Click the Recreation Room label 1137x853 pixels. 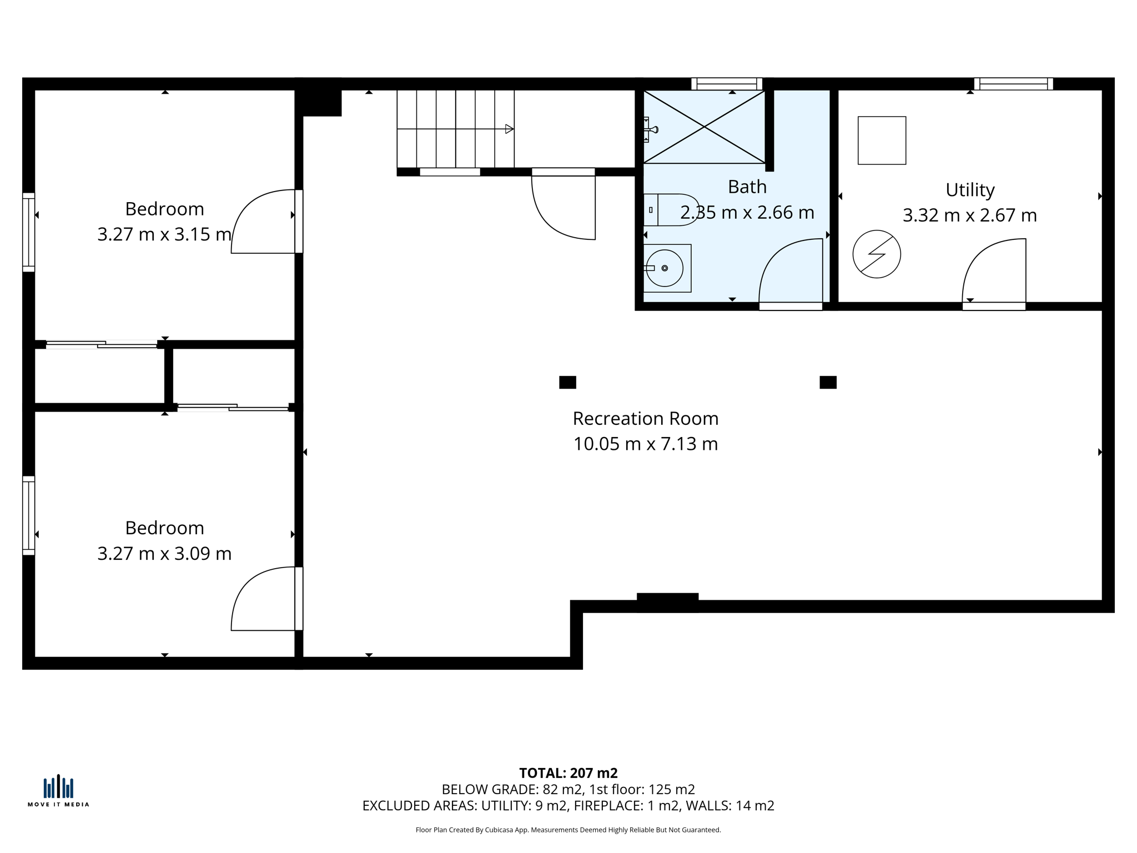pyautogui.click(x=645, y=418)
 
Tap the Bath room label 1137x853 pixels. pyautogui.click(x=747, y=187)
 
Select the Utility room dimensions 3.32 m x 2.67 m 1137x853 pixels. pyautogui.click(x=969, y=215)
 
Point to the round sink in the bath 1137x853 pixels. pyautogui.click(x=665, y=268)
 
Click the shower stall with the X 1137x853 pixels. pyautogui.click(x=704, y=127)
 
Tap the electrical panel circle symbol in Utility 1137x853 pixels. pyautogui.click(x=877, y=254)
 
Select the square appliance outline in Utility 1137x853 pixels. pyautogui.click(x=882, y=141)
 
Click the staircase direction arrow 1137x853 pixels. pyautogui.click(x=509, y=129)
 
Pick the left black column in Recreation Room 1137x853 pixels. pyautogui.click(x=567, y=382)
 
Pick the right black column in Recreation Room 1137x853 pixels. pyautogui.click(x=828, y=382)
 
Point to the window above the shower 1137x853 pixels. pyautogui.click(x=727, y=84)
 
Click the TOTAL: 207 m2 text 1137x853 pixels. pyautogui.click(x=568, y=773)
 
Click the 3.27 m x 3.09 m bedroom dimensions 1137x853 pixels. pyautogui.click(x=164, y=554)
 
